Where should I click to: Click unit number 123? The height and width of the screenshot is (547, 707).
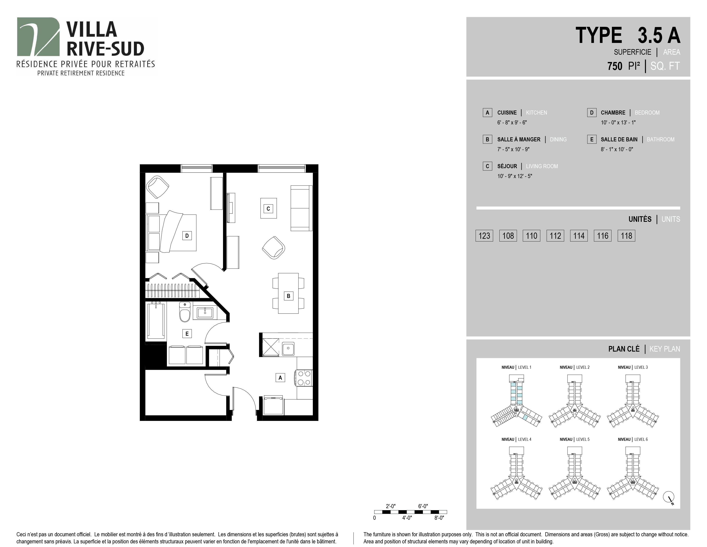tap(484, 236)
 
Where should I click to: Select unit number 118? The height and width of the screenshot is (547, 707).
tap(626, 236)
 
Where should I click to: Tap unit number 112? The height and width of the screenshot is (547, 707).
tap(555, 236)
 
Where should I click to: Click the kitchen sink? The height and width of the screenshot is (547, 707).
tap(288, 349)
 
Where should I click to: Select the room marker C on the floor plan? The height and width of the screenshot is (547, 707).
tap(268, 209)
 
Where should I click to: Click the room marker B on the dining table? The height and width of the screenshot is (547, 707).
tap(288, 296)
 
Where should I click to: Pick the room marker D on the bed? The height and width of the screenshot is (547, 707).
tap(187, 236)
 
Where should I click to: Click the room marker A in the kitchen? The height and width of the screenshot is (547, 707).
tap(280, 378)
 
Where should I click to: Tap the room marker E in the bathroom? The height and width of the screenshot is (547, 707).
tap(187, 333)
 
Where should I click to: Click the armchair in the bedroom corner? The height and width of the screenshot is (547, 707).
tap(158, 187)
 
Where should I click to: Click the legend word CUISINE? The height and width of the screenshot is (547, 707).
tap(507, 113)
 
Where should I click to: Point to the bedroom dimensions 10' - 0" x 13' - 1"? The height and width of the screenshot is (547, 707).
tap(618, 122)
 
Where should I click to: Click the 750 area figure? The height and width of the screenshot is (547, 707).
tap(615, 66)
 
